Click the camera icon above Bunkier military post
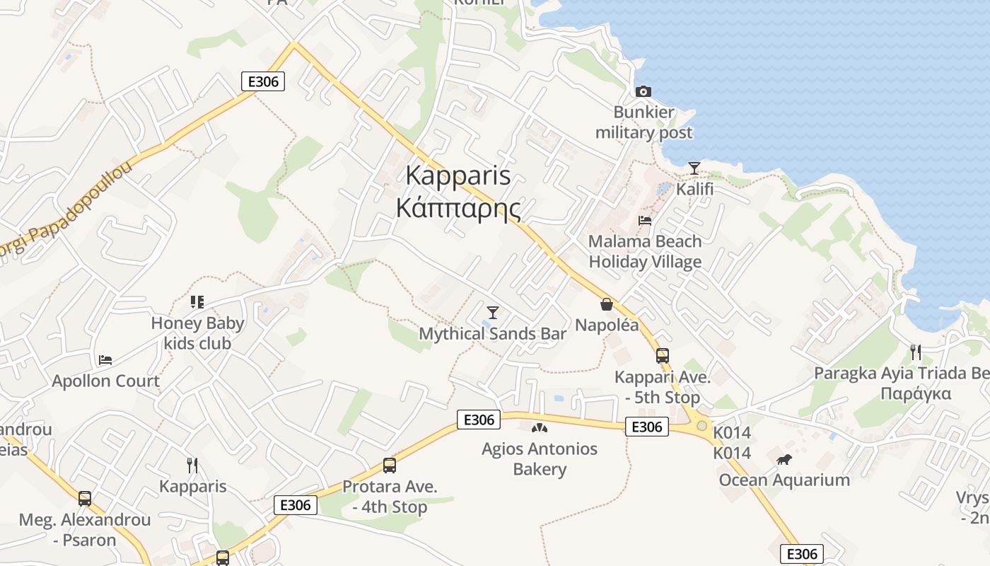coord(643,91)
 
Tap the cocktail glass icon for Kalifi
coord(694,168)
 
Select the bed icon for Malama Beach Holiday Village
coord(644,220)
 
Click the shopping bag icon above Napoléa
coord(606,304)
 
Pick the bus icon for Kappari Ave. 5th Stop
coord(662,356)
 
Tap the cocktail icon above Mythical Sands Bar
coord(493,312)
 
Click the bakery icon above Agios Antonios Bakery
coord(540,427)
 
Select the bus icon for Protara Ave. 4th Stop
coord(389,466)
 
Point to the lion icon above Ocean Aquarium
coord(784,460)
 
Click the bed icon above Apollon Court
coord(105,359)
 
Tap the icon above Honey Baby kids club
coord(197,302)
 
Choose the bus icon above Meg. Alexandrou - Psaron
coord(85,499)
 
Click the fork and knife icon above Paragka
coord(916,352)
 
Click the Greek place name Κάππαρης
coord(458,209)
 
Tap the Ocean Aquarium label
coord(784,480)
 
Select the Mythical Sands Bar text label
coord(493,333)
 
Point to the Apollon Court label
coord(105,381)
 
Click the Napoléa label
coord(607,325)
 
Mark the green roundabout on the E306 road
coord(701,426)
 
